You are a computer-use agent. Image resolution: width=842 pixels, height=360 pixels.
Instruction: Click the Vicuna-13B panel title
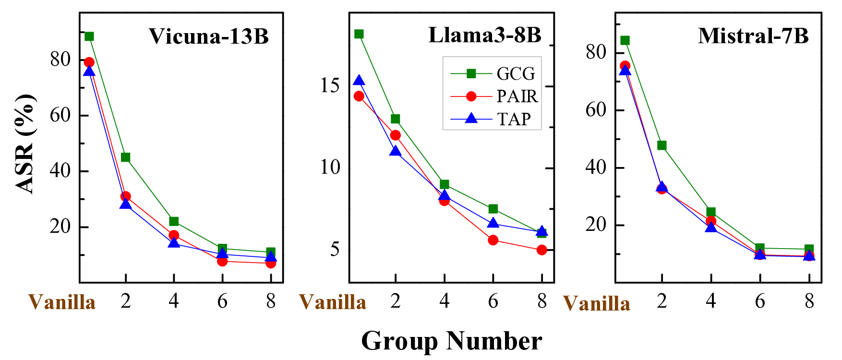click(208, 36)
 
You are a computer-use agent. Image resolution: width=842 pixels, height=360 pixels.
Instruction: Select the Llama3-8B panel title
click(484, 36)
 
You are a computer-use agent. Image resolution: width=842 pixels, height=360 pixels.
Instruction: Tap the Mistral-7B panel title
click(753, 36)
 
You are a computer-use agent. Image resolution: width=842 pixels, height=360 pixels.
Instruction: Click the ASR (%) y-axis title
click(25, 144)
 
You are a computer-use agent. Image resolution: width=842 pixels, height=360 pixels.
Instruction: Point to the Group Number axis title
click(451, 341)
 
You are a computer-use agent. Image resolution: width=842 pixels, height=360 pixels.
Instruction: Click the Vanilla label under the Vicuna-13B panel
click(62, 302)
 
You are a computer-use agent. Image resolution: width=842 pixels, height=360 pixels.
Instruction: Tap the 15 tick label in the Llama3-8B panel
click(330, 86)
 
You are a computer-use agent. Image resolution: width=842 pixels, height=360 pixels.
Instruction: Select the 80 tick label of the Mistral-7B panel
click(596, 52)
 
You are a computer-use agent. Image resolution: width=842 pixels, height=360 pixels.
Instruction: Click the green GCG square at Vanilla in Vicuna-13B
click(89, 36)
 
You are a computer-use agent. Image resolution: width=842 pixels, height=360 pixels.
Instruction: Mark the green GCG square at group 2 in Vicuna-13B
click(126, 157)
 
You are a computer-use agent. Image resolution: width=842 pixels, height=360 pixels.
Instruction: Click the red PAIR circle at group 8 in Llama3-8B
click(541, 250)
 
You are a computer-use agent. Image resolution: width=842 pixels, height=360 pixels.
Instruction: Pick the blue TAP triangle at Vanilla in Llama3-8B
click(359, 81)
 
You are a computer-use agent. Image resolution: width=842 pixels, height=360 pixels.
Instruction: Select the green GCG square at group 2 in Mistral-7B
click(662, 145)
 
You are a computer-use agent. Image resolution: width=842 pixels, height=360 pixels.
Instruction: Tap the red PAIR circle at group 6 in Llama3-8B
click(493, 240)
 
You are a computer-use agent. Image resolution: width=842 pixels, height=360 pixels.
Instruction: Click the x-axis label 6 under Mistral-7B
click(759, 301)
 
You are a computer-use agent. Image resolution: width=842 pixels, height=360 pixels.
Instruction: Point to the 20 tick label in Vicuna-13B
click(60, 227)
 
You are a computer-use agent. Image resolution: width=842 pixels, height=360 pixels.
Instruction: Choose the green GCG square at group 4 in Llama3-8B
click(445, 184)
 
